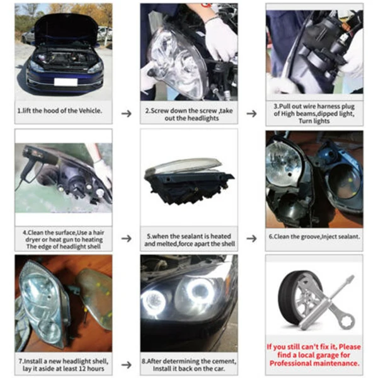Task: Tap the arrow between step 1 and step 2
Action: (126, 113)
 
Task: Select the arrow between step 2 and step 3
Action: (251, 113)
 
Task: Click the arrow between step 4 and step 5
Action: (126, 239)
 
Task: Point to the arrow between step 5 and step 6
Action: (251, 239)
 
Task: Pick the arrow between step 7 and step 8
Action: (126, 364)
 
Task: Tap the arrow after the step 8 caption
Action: (251, 364)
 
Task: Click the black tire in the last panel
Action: (296, 302)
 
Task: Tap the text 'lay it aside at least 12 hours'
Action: (63, 369)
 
